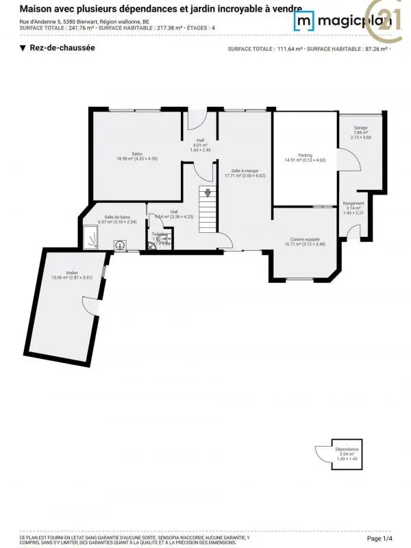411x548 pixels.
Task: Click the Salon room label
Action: pyautogui.click(x=137, y=153)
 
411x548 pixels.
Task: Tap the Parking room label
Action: pyautogui.click(x=305, y=155)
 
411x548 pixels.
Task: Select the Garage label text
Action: pyautogui.click(x=360, y=128)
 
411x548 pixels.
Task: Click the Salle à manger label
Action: pyautogui.click(x=245, y=171)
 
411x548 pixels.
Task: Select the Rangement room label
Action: pyautogui.click(x=353, y=203)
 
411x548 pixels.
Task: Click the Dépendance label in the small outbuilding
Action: pyautogui.click(x=347, y=449)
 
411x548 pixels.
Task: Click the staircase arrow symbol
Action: pyautogui.click(x=208, y=193)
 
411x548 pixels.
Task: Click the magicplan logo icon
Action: pyautogui.click(x=304, y=22)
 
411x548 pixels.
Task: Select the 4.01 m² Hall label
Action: pyautogui.click(x=200, y=145)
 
